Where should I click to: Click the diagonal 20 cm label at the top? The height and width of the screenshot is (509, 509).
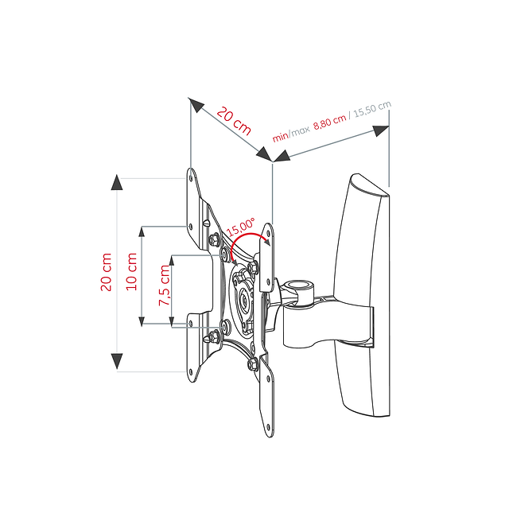234,121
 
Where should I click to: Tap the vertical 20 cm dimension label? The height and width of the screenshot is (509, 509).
106,272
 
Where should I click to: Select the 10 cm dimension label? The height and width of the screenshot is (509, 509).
131,271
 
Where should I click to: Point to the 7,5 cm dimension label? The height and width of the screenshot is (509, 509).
165,285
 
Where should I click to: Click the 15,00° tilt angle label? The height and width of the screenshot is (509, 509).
241,227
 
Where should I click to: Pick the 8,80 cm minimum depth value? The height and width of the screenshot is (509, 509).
330,122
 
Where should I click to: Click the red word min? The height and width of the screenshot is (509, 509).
280,137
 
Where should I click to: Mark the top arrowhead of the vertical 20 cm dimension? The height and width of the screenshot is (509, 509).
117,182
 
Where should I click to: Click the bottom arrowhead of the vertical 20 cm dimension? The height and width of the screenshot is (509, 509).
117,361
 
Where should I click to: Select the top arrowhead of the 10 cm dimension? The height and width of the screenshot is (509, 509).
142,231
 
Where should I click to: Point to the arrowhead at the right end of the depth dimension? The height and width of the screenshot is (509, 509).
381,130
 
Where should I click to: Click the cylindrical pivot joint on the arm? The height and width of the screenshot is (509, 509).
297,292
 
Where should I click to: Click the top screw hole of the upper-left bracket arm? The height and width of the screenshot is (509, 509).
191,178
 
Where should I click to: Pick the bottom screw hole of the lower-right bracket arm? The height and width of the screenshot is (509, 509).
268,427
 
